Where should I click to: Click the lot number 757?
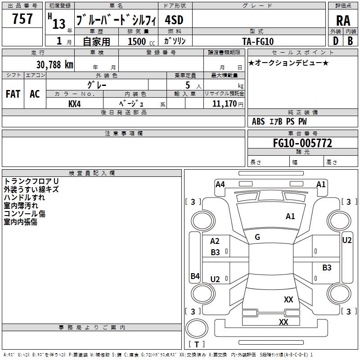pyautogui.click(x=22, y=18)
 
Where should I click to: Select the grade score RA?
pyautogui.click(x=343, y=21)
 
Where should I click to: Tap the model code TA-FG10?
pyautogui.click(x=258, y=41)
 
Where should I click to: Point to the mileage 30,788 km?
pyautogui.click(x=55, y=64)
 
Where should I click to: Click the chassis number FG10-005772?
pyautogui.click(x=302, y=143)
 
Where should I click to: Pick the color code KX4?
pyautogui.click(x=75, y=104)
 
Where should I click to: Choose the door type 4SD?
pyautogui.click(x=174, y=20)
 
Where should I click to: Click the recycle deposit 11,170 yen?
pyautogui.click(x=228, y=104)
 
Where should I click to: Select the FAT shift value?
pyautogui.click(x=13, y=94)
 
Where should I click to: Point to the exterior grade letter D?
pyautogui.click(x=336, y=41)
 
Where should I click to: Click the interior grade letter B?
pyautogui.click(x=351, y=41)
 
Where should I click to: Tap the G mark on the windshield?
pyautogui.click(x=257, y=237)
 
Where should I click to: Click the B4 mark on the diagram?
pyautogui.click(x=195, y=276)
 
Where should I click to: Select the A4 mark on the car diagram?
pyautogui.click(x=220, y=184)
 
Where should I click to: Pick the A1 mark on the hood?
pyautogui.click(x=290, y=216)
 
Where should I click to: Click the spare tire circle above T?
pyautogui.click(x=197, y=328)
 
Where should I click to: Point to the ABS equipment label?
pyautogui.click(x=258, y=121)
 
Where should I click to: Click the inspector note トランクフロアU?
pyautogui.click(x=31, y=181)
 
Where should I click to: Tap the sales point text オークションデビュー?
pyautogui.click(x=288, y=63)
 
